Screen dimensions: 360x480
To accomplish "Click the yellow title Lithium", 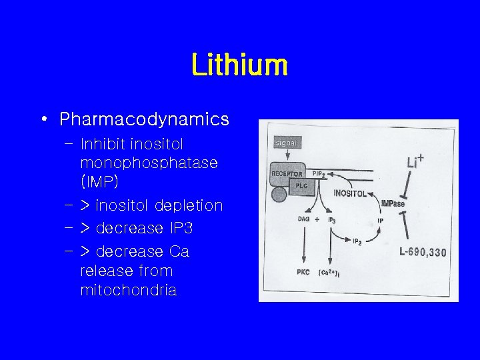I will [x=239, y=65].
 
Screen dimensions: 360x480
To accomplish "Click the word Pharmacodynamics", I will [x=144, y=119].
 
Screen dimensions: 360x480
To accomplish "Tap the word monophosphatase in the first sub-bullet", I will [x=149, y=163].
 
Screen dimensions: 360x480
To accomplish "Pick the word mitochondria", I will [x=128, y=291].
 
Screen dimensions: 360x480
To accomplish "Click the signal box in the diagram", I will [x=287, y=143].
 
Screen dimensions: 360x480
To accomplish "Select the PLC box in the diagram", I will [x=301, y=186].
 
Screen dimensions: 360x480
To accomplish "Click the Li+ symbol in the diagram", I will [x=416, y=161].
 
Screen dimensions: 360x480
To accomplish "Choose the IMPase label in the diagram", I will [x=393, y=203].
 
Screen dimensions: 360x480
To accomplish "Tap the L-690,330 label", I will [x=423, y=252].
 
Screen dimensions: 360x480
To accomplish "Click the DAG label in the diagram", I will [x=303, y=219].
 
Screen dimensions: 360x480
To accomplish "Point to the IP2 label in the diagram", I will [x=357, y=243].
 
